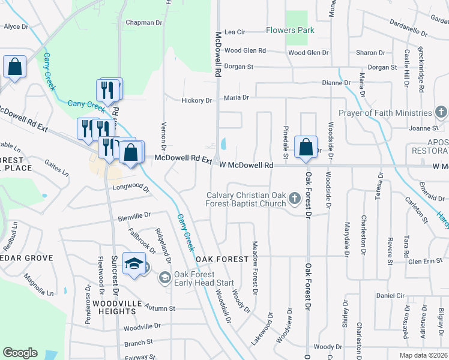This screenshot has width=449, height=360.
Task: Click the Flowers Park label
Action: click(x=291, y=30)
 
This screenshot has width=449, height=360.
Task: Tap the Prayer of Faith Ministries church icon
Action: click(x=441, y=112)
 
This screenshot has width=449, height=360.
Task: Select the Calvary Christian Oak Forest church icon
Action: click(x=294, y=197)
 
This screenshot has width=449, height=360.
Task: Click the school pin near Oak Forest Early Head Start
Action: click(x=134, y=263)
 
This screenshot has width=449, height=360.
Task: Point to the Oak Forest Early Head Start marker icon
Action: click(x=164, y=278)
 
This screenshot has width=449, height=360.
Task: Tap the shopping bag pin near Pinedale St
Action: click(x=306, y=147)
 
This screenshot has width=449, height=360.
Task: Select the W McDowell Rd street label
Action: click(x=246, y=165)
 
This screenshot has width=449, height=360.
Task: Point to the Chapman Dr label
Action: click(x=144, y=23)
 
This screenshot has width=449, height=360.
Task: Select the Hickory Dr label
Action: click(x=196, y=101)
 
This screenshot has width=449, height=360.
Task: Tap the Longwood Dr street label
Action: click(x=131, y=190)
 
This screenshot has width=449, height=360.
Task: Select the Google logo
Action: click(x=20, y=353)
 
